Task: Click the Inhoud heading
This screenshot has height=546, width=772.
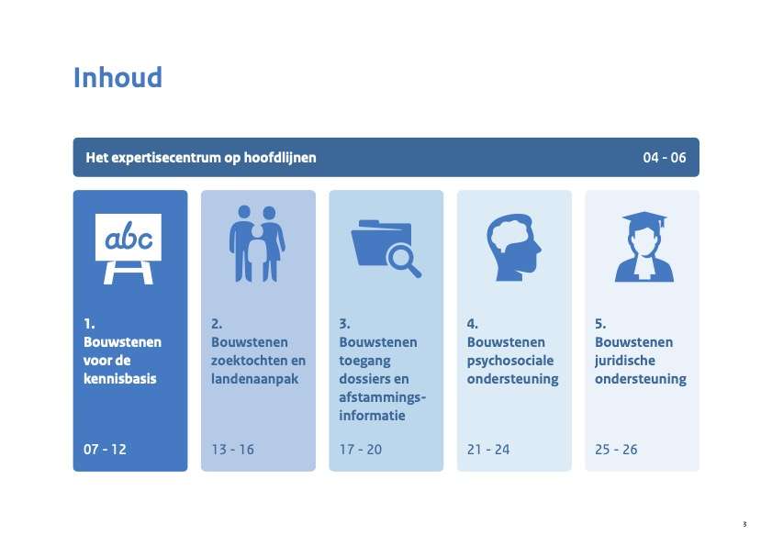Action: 117,78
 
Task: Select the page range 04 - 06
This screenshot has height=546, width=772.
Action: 665,158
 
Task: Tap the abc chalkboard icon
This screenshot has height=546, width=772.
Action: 128,249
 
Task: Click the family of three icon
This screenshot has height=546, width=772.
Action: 257,244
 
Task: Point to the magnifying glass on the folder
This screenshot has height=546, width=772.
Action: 403,261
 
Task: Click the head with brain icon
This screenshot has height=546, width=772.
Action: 513,247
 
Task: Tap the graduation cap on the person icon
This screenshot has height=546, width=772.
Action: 644,219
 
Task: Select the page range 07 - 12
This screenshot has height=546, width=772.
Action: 105,450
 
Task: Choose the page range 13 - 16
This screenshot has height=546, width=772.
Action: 232,450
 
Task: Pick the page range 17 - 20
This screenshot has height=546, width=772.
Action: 361,450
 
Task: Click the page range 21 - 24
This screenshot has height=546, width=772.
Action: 488,450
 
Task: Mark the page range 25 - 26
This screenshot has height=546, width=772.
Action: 616,450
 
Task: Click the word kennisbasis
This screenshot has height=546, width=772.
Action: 119,379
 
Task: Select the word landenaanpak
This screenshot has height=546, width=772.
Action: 254,379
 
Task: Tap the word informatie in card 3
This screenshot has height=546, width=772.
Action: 372,416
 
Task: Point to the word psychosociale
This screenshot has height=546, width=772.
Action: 510,361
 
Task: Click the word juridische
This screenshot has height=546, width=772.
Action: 625,361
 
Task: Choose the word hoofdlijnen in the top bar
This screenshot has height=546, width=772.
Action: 280,158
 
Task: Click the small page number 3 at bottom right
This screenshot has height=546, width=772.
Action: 744,524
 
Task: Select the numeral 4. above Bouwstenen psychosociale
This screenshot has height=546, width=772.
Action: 472,324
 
